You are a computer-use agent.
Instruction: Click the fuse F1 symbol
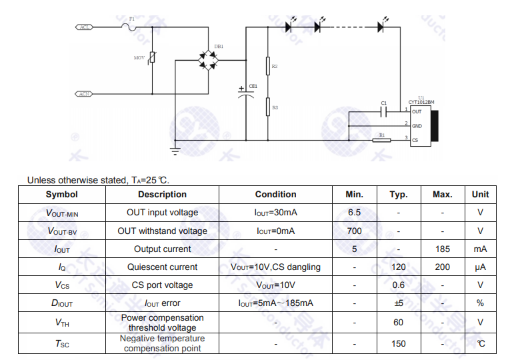pyautogui.click(x=129, y=27)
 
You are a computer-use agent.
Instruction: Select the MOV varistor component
pyautogui.click(x=152, y=59)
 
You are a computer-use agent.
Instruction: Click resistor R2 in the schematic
pyautogui.click(x=267, y=66)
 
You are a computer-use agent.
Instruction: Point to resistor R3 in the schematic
pyautogui.click(x=267, y=107)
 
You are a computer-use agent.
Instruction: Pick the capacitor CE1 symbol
pyautogui.click(x=247, y=92)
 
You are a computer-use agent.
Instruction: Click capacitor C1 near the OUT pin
pyautogui.click(x=383, y=111)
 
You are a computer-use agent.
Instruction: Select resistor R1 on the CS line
pyautogui.click(x=381, y=140)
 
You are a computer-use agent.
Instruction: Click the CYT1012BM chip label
pyautogui.click(x=421, y=103)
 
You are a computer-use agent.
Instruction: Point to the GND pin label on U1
pyautogui.click(x=417, y=126)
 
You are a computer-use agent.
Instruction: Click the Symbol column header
pyautogui.click(x=61, y=195)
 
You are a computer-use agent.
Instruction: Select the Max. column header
pyautogui.click(x=443, y=195)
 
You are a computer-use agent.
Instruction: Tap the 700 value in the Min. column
pyautogui.click(x=355, y=231)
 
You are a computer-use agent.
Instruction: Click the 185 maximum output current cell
pyautogui.click(x=443, y=249)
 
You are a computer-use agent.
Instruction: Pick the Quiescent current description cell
pyautogui.click(x=162, y=267)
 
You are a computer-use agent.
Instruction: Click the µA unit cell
pyautogui.click(x=480, y=267)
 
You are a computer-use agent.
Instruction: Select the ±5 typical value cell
pyautogui.click(x=399, y=303)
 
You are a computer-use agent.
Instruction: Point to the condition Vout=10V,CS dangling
pyautogui.click(x=275, y=267)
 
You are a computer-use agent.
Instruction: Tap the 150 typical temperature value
pyautogui.click(x=399, y=344)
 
